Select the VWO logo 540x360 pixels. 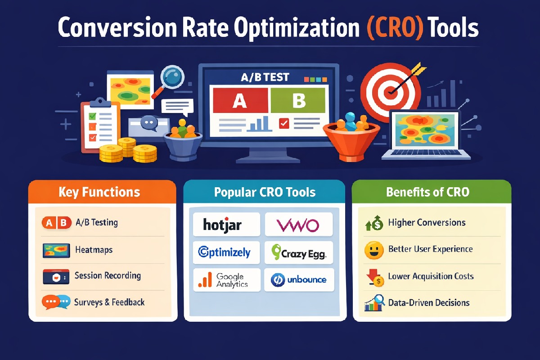[298, 224]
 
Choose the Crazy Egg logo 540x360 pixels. [298, 253]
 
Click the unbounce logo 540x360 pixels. [298, 279]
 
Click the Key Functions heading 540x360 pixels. [99, 193]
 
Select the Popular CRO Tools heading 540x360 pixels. [265, 193]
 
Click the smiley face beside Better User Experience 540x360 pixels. [373, 250]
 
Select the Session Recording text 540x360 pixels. [108, 275]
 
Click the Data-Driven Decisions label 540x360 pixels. [428, 302]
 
